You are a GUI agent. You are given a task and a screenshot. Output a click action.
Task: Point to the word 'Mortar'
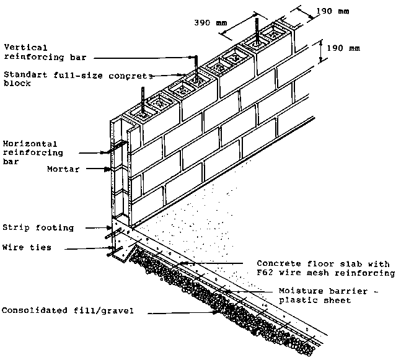(x=63, y=169)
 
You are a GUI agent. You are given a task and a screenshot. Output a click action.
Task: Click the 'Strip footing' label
(x=38, y=228)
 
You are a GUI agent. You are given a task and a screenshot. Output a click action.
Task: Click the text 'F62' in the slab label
(x=265, y=273)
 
